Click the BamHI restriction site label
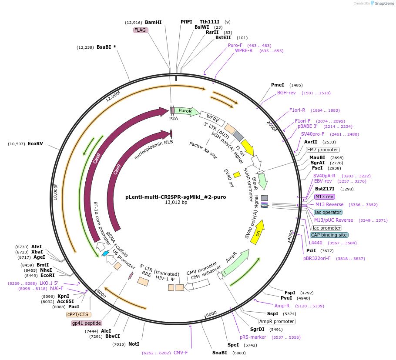point(153,22)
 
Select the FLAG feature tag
point(141,30)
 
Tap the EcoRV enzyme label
point(35,143)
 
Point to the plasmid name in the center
point(175,197)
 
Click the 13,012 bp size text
point(176,202)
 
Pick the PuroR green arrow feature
point(185,111)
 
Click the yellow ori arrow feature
point(258,232)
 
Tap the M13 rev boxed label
point(324,197)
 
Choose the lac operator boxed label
point(328,212)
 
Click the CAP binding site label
point(329,235)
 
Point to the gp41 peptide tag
point(87,323)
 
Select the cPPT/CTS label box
point(78,314)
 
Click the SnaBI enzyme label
point(219,353)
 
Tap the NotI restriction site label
point(134,344)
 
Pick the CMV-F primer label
point(181,353)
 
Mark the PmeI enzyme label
point(277,85)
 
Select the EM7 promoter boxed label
point(322,150)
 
